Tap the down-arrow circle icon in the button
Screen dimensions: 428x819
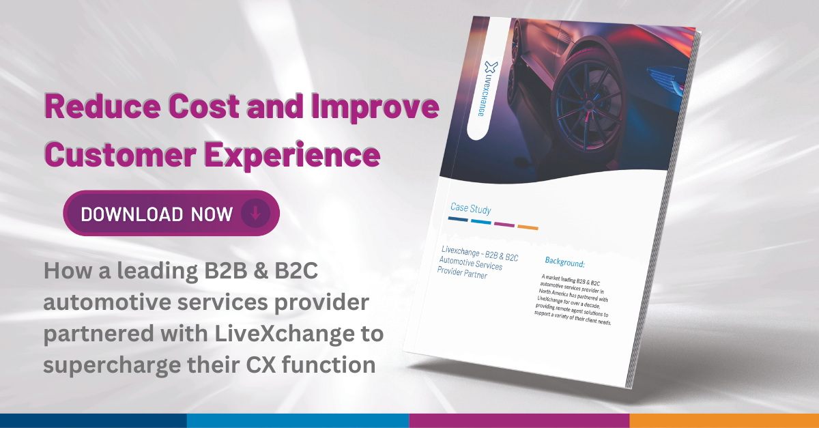click(x=255, y=213)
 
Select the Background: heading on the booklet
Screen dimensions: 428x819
click(x=565, y=261)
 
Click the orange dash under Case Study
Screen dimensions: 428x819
click(x=528, y=226)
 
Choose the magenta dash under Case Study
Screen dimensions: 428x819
click(x=504, y=224)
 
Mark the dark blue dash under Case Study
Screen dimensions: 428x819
click(x=458, y=220)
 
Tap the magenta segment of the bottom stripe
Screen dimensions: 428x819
click(x=519, y=420)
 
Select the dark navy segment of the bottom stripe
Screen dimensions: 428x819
click(x=93, y=420)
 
